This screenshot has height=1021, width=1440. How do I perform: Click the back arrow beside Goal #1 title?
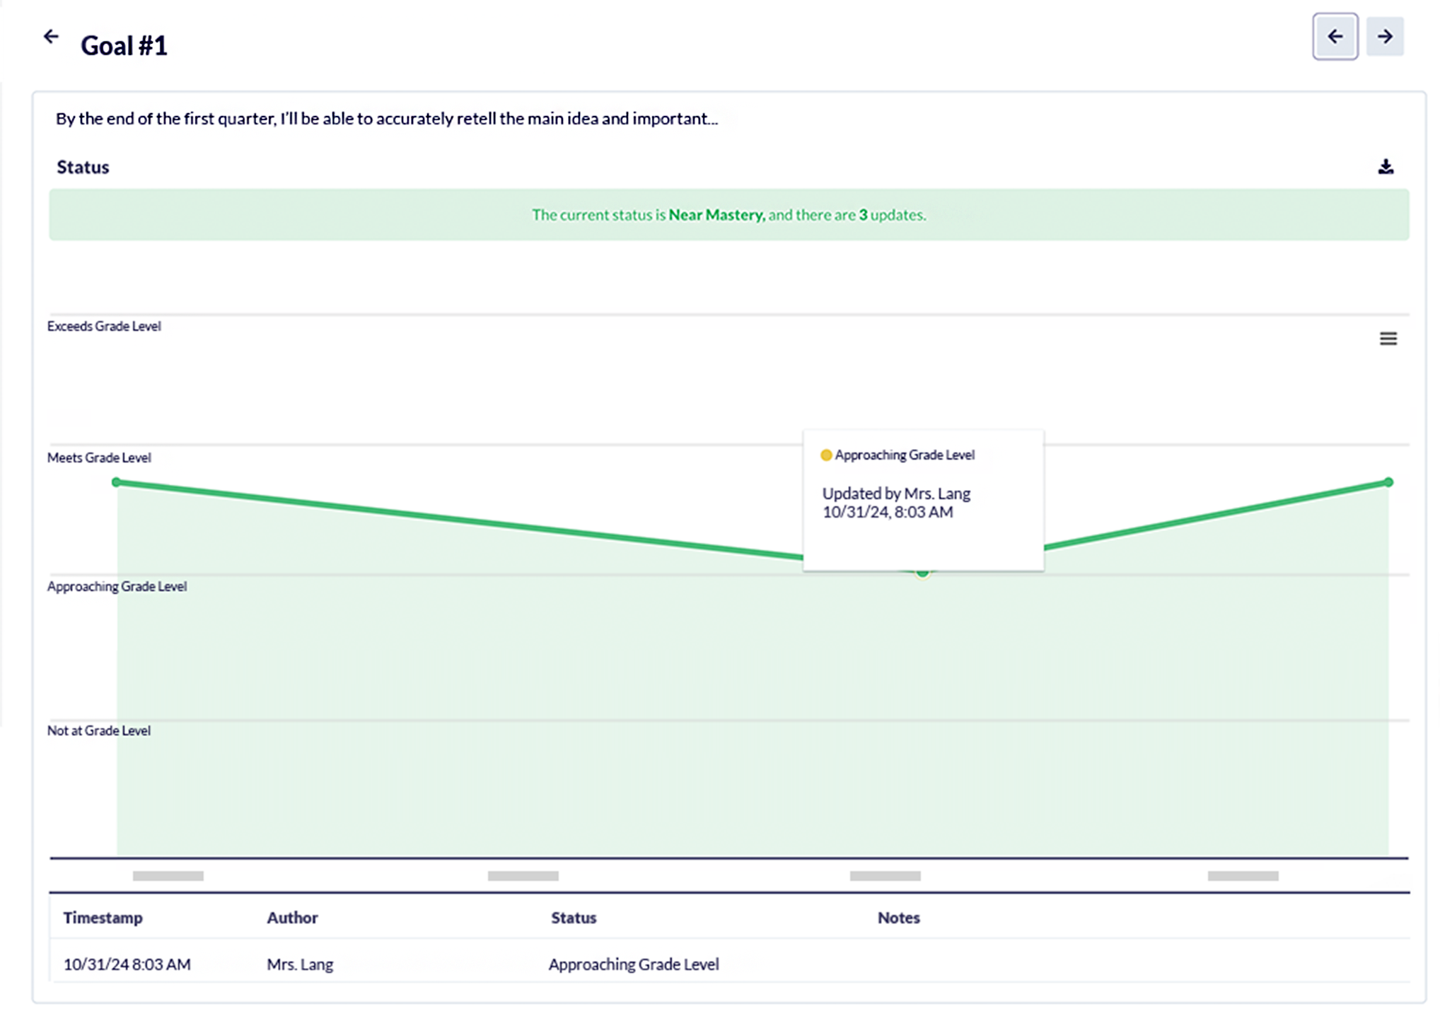[x=51, y=36]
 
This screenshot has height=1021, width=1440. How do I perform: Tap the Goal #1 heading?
[x=124, y=46]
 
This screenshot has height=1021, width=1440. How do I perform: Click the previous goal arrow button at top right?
[x=1335, y=36]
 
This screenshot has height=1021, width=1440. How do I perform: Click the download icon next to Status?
[x=1386, y=167]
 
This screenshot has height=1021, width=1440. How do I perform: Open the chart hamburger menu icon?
[x=1388, y=339]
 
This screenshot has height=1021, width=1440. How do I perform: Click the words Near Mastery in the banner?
[x=716, y=215]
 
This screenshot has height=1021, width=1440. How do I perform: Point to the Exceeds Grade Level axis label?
[x=104, y=326]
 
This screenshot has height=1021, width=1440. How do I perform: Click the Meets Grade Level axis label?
[x=99, y=457]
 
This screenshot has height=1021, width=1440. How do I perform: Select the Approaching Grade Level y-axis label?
[x=117, y=586]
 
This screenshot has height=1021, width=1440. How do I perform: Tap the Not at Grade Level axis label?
[x=99, y=730]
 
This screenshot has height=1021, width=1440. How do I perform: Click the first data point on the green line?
[x=117, y=482]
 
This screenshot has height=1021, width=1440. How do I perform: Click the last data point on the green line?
[x=1388, y=482]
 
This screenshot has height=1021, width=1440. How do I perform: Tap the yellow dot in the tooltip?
[x=825, y=455]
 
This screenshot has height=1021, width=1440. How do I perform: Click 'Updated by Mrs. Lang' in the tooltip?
[x=895, y=494]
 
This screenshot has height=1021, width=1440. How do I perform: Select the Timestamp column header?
[x=103, y=918]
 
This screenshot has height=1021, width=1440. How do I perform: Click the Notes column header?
[x=898, y=918]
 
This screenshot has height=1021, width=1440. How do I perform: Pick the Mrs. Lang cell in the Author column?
[x=300, y=964]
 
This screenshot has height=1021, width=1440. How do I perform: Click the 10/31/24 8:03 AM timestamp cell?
[x=127, y=964]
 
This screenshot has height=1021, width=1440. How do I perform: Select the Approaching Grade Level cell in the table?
[x=634, y=964]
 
